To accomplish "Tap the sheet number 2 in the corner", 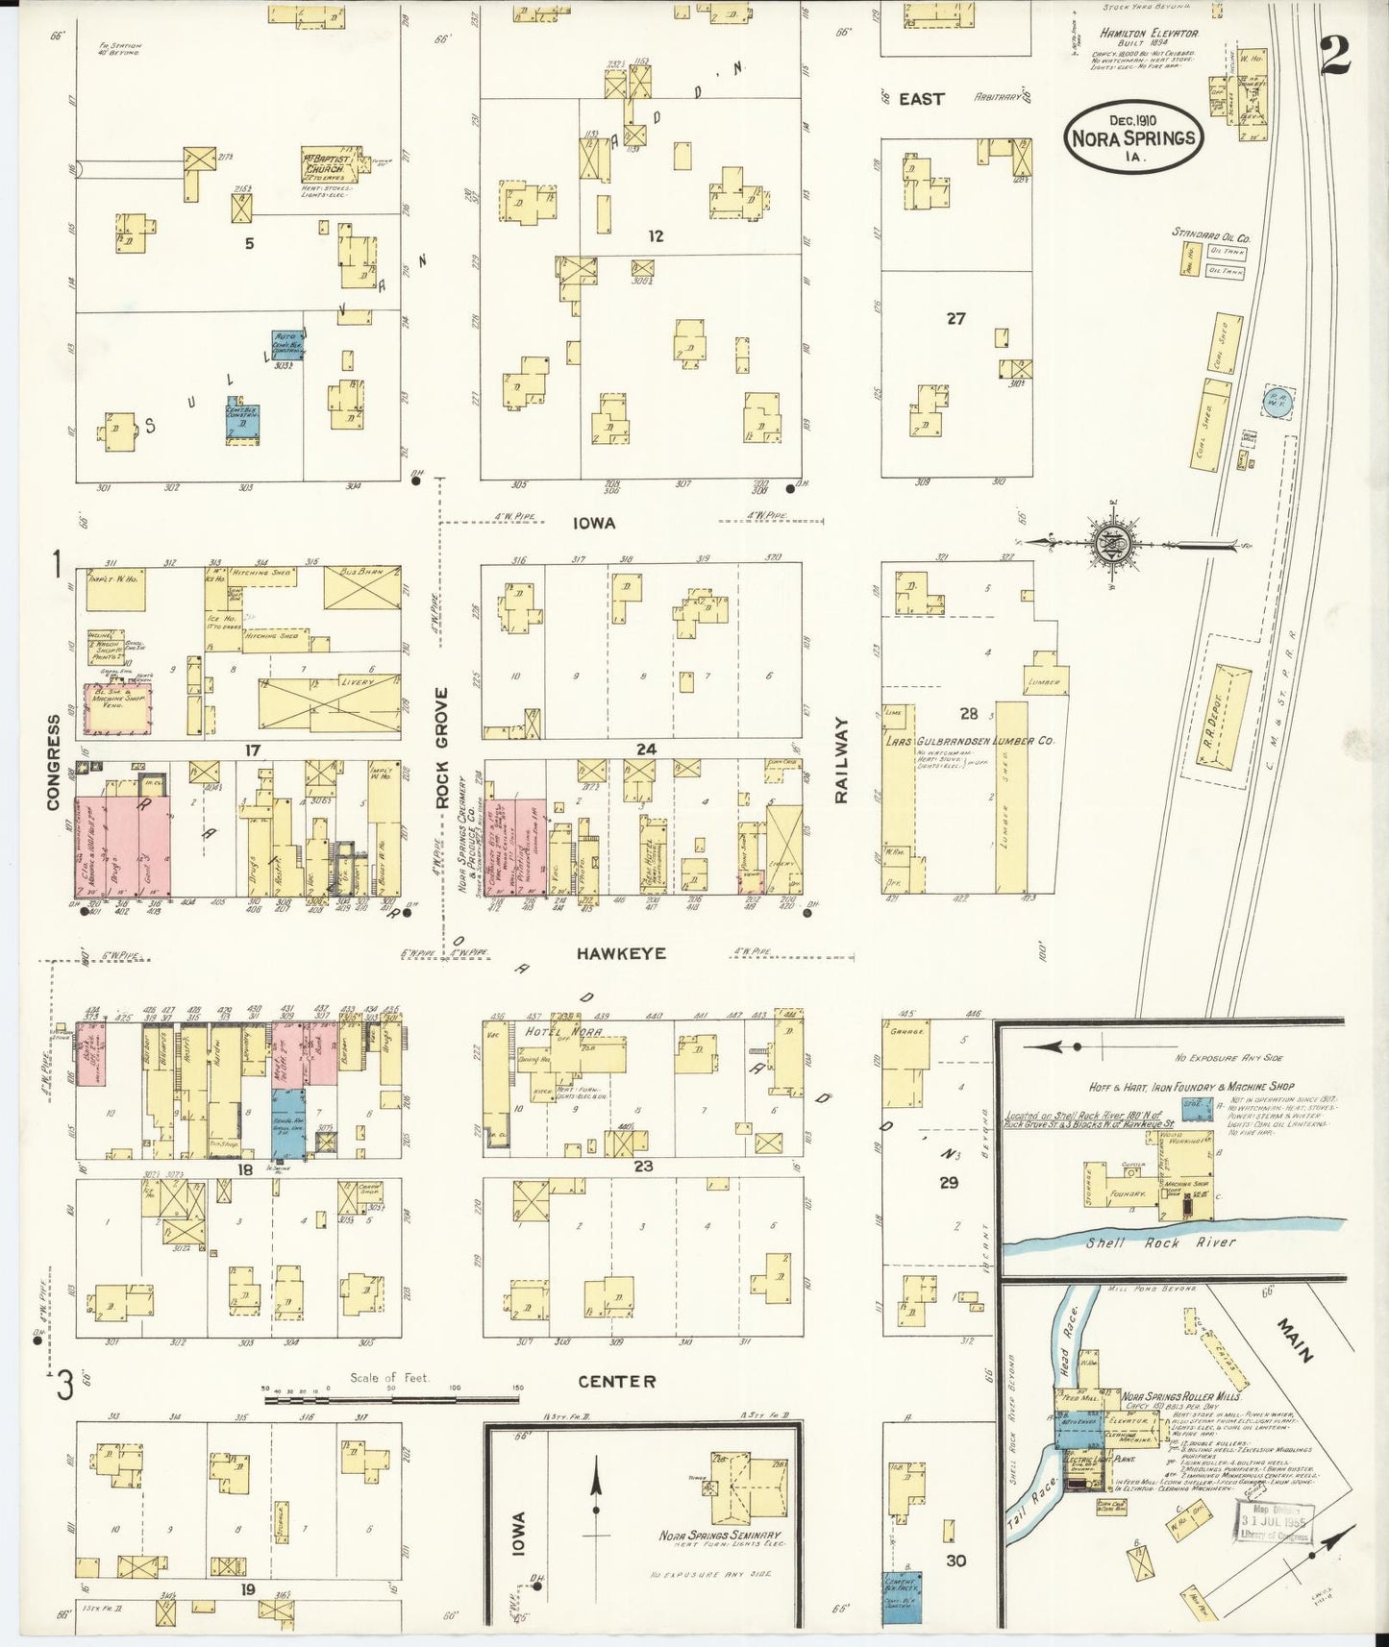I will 1335,55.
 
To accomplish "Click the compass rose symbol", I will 1114,544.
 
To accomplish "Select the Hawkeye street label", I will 621,953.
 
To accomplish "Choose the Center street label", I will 617,1381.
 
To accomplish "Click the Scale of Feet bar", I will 391,1398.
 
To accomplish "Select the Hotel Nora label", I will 563,1031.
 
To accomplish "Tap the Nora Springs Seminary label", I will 720,1535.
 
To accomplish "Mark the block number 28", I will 968,714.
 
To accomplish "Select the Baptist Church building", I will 331,165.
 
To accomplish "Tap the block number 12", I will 655,235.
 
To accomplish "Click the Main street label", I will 1294,1341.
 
